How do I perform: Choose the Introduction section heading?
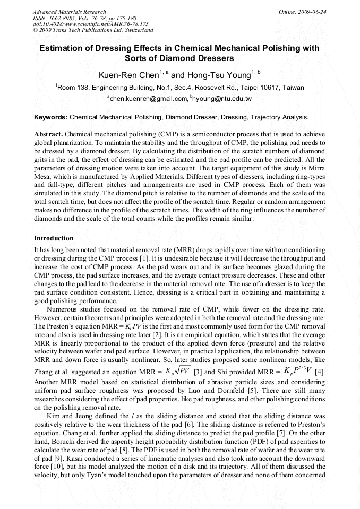54,238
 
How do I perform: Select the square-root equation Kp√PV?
178,369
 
